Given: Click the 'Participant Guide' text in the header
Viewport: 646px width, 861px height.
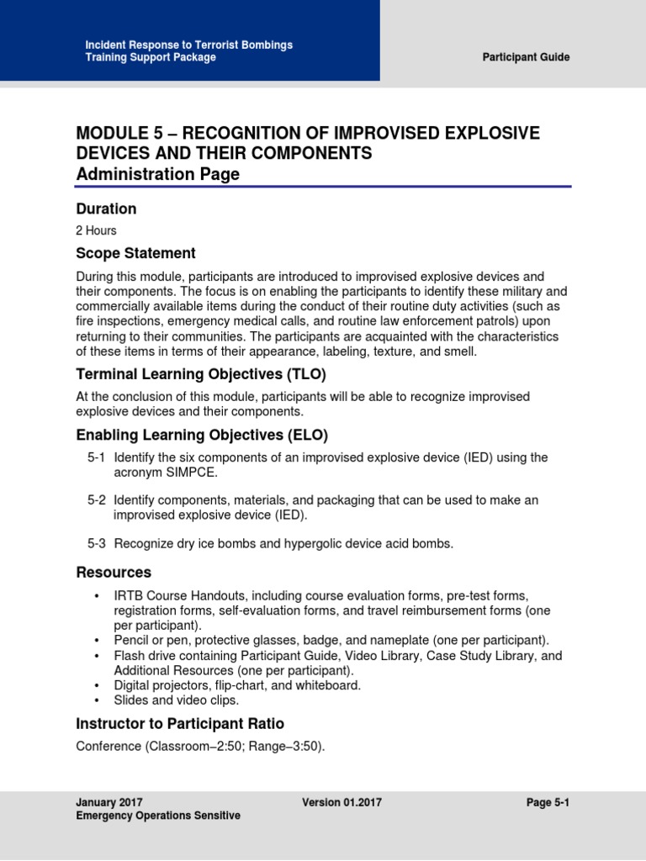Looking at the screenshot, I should (526, 57).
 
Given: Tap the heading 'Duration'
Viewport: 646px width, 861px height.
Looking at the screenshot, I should (106, 209).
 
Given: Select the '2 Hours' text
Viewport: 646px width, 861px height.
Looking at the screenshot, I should (96, 230).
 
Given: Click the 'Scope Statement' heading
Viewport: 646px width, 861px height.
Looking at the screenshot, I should (135, 253).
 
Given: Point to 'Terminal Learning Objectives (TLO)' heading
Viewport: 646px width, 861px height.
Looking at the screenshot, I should (200, 374).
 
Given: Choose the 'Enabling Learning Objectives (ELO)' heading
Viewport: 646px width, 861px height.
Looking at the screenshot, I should (202, 435).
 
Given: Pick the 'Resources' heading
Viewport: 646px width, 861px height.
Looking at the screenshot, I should (114, 573).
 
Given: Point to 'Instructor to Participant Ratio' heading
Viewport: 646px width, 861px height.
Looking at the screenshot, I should (180, 723).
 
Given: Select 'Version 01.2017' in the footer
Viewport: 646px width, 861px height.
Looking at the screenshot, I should (342, 802).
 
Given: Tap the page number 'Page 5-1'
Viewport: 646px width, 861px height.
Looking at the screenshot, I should (548, 802).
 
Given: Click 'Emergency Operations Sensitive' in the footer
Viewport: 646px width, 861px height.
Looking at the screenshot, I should (157, 816).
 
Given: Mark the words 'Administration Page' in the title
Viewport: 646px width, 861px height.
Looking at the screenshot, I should (157, 174).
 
